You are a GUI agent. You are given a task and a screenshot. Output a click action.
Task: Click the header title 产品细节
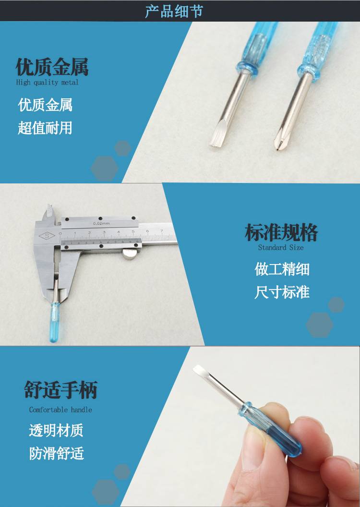(x=174, y=11)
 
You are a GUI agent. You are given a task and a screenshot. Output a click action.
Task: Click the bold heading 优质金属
(x=52, y=67)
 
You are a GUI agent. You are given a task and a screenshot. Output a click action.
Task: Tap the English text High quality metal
(x=47, y=83)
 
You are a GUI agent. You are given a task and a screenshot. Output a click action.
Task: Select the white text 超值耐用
(x=45, y=128)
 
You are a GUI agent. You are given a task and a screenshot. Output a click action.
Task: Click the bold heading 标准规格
(x=281, y=232)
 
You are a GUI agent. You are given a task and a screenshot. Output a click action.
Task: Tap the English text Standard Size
(x=280, y=248)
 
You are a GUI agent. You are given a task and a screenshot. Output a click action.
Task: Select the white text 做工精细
(x=282, y=269)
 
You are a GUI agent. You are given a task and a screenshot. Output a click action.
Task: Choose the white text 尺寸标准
(x=282, y=292)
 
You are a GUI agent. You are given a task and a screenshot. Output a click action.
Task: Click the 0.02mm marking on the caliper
(x=101, y=223)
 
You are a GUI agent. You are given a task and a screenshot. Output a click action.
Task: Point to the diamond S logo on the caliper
(x=47, y=236)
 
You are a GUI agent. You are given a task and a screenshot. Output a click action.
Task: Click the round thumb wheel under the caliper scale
(x=130, y=254)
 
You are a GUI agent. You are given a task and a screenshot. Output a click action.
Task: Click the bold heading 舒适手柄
(x=61, y=390)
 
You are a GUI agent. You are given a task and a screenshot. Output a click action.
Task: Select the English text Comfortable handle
(x=60, y=410)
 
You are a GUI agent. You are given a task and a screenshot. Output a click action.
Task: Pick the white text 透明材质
(x=56, y=430)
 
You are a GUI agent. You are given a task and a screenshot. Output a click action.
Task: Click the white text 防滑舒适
(x=57, y=453)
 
